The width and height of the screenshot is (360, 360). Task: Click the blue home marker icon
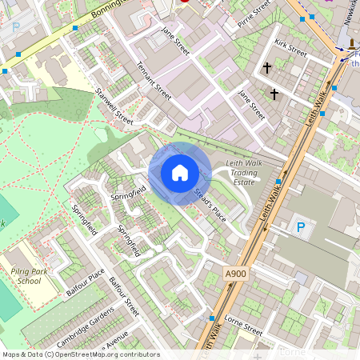180,173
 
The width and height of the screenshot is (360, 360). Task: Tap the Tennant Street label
154,81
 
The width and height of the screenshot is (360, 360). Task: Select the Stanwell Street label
114,107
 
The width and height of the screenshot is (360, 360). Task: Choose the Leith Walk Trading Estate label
243,171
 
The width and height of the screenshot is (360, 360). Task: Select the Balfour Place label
86,282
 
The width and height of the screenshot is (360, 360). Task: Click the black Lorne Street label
243,329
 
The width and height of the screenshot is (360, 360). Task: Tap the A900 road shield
236,274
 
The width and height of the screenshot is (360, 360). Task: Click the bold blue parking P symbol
301,227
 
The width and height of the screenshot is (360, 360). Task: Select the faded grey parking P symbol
16,26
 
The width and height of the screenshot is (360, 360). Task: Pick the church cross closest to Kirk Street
266,69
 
